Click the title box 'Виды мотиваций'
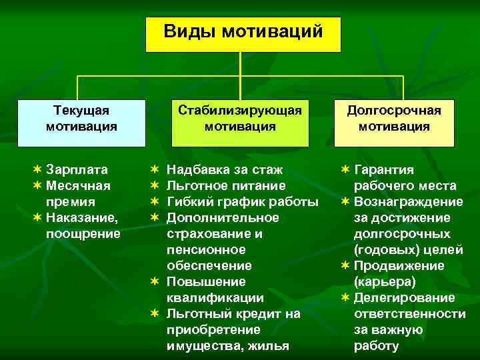point(243,34)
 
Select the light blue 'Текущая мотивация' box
point(81,123)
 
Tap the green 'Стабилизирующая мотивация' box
point(240,123)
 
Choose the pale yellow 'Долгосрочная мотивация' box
point(394,123)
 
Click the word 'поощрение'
point(83,233)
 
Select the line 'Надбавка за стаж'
point(224,169)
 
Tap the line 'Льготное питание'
point(226,185)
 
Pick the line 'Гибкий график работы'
point(242,201)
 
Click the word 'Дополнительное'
point(223,217)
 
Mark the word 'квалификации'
point(215,297)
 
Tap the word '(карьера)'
point(385,281)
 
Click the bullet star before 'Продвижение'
point(345,265)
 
